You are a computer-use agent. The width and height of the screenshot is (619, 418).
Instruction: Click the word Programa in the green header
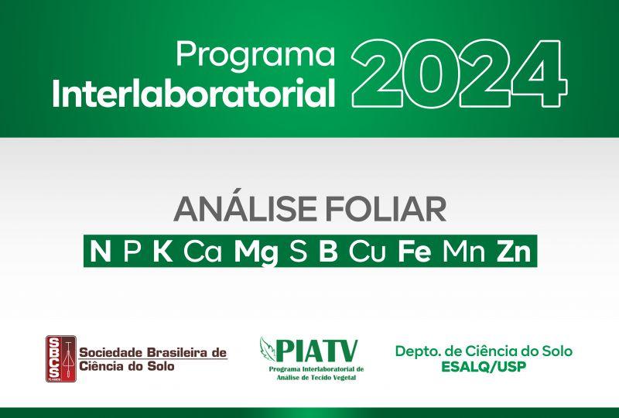click(x=256, y=55)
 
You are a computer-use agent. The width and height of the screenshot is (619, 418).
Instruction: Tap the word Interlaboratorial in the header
click(x=194, y=94)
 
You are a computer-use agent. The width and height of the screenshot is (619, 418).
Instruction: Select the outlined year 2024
click(x=459, y=74)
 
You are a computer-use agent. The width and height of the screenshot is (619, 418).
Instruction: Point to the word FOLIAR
click(x=385, y=210)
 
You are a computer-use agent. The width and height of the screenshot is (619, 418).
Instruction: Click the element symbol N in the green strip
click(x=101, y=252)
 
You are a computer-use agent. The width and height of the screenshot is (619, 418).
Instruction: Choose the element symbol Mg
click(x=256, y=253)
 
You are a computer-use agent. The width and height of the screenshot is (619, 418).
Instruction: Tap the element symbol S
click(x=298, y=252)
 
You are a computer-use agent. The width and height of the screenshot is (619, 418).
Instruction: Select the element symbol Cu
click(x=367, y=252)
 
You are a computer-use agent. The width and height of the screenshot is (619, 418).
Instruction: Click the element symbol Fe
click(x=414, y=252)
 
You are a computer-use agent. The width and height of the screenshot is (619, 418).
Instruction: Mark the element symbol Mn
click(x=463, y=252)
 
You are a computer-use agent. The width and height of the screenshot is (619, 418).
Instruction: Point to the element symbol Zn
click(x=514, y=252)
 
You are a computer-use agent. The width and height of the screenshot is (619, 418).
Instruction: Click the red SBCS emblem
click(x=61, y=358)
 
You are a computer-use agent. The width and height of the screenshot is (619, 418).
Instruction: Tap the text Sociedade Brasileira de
click(x=153, y=352)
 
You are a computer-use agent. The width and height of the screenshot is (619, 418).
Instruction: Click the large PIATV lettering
click(x=317, y=351)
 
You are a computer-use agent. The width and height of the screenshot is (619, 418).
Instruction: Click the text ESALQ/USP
click(x=484, y=367)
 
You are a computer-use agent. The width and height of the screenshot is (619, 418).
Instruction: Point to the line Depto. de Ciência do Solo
click(x=484, y=351)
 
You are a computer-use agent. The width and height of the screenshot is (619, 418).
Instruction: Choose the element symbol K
click(x=162, y=252)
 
